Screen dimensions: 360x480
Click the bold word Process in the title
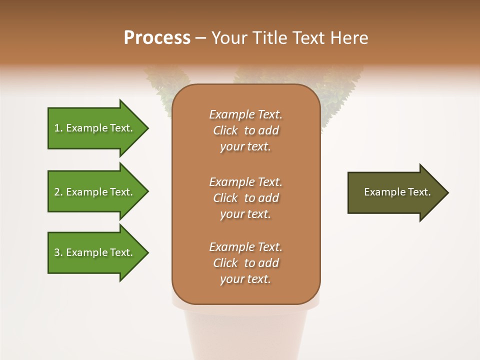tap(157, 38)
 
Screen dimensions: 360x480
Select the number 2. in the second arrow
tap(58, 192)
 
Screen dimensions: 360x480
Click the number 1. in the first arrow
tap(58, 128)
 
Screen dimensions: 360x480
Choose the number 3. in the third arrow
tap(58, 252)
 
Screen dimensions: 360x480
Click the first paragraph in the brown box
tap(245, 130)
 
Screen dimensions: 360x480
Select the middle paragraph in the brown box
tap(245, 198)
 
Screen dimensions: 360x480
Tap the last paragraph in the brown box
tap(245, 263)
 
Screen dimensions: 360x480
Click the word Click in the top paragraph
tap(225, 130)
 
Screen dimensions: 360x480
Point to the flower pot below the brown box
tap(245, 330)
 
